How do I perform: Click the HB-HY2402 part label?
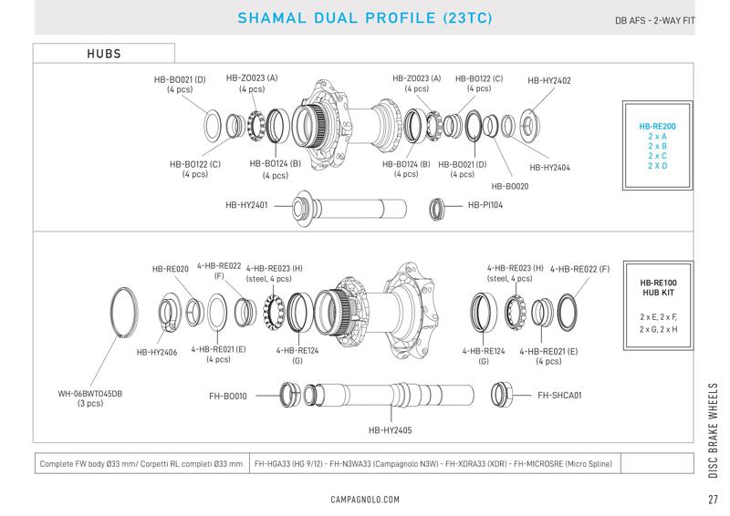point(549,80)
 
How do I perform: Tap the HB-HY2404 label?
point(549,168)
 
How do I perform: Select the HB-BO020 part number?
point(510,186)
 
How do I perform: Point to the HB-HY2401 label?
point(246,205)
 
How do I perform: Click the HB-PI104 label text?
point(485,205)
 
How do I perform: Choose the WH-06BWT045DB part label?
point(89,394)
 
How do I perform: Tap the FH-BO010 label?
point(227,396)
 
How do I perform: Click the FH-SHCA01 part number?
point(559,395)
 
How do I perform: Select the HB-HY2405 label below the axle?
point(391,430)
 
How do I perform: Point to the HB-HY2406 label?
point(156,352)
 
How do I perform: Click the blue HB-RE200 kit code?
point(657,126)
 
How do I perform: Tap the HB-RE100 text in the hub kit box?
point(658,283)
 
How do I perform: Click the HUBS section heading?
point(104,54)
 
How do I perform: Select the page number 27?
point(713,500)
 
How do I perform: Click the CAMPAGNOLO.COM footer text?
point(365,500)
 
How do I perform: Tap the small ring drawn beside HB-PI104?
point(437,209)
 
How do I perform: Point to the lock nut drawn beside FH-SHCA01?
point(500,394)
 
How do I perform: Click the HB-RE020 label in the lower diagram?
point(170,269)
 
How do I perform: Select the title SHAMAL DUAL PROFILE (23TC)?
point(364,17)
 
